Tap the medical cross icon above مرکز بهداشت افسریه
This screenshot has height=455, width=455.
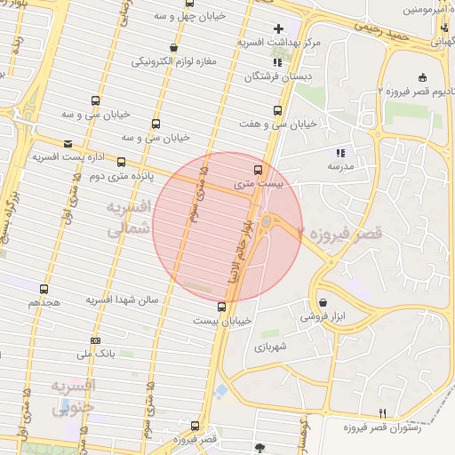coord(279,28)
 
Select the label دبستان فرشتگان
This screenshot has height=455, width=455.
coord(280,77)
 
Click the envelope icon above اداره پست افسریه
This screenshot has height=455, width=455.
coord(68,143)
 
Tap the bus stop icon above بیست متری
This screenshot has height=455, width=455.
coord(259,169)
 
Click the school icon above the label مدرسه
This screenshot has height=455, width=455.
coord(339,152)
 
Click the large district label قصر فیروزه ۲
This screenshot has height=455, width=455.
coord(340,235)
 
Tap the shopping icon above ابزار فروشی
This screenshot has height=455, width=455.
coord(322,302)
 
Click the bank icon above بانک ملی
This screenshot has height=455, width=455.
coord(95,340)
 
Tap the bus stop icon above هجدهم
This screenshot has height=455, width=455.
coord(44,289)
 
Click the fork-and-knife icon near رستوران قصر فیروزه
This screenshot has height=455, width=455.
coord(383,412)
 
